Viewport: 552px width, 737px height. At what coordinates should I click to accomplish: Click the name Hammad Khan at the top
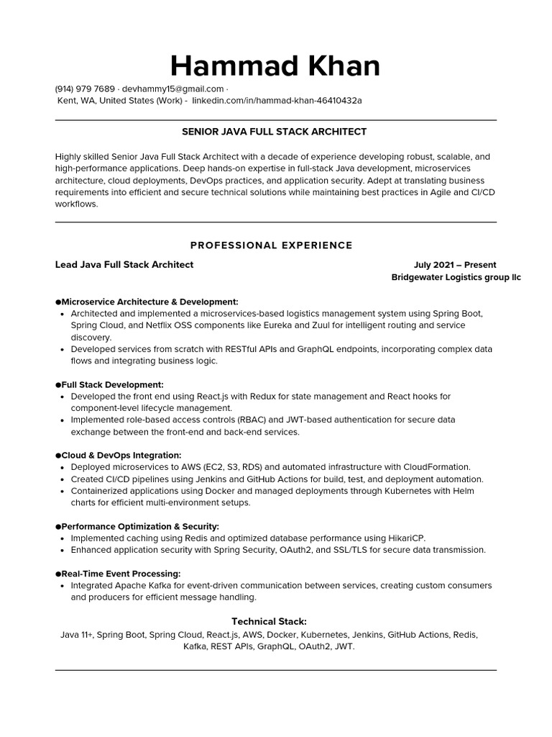tap(275, 65)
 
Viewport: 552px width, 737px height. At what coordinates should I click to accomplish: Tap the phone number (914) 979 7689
tap(84, 89)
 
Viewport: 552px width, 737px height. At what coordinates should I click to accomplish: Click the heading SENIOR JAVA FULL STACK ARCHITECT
tap(275, 132)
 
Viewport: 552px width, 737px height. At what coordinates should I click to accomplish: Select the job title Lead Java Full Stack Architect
tap(124, 265)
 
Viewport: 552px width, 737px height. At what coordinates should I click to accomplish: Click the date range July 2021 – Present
tap(455, 265)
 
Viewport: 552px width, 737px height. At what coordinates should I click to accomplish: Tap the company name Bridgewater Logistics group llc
tap(456, 277)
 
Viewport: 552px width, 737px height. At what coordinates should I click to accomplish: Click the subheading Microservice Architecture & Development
tap(149, 302)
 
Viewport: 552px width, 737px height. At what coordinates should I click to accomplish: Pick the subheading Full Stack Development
tap(112, 384)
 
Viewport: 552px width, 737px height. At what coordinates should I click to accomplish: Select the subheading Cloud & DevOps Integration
tap(121, 455)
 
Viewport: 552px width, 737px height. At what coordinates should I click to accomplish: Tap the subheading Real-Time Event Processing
tap(121, 574)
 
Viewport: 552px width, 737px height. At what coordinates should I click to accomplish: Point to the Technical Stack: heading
tap(269, 621)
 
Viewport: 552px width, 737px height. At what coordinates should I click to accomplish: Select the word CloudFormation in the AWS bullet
tap(436, 467)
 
